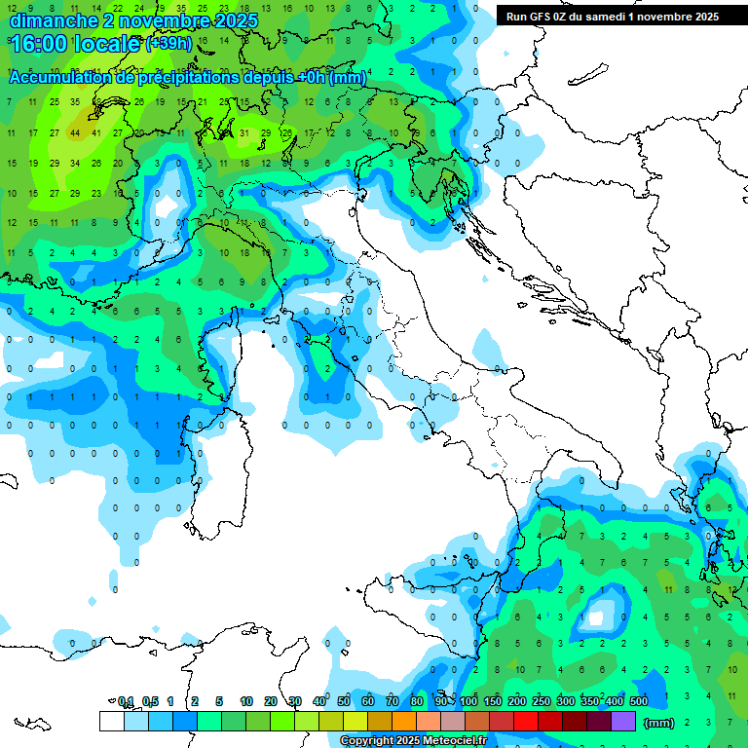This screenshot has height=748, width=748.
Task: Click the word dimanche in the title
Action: (x=53, y=19)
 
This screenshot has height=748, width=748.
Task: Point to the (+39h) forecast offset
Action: (x=168, y=44)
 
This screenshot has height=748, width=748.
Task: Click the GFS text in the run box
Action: (x=548, y=17)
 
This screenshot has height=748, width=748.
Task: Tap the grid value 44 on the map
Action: (x=75, y=132)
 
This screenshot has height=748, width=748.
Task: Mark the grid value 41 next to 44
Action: (x=96, y=132)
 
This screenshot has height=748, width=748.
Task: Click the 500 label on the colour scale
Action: (x=639, y=701)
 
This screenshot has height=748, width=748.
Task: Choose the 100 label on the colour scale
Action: (x=468, y=701)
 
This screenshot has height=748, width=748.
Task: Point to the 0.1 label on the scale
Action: (x=126, y=701)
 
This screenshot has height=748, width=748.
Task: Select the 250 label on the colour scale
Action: (x=542, y=701)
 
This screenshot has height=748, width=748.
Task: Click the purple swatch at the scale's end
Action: (x=623, y=722)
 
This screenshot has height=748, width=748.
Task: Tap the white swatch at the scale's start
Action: (x=111, y=722)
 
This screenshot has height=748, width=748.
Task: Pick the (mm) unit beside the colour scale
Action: (x=659, y=723)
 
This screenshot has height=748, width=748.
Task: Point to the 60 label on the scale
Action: (x=368, y=701)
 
